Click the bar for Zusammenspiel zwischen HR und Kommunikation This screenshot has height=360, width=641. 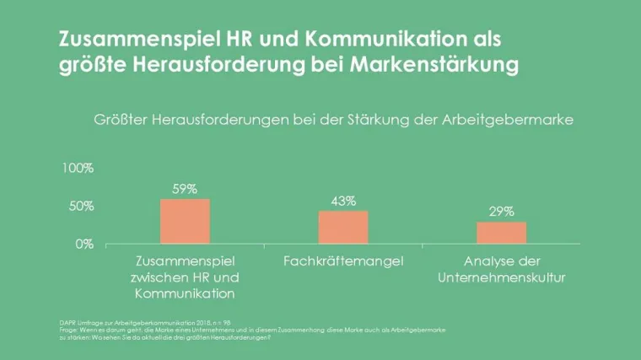[185, 222]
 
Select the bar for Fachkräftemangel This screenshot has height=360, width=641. [343, 228]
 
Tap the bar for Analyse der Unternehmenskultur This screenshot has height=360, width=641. [501, 233]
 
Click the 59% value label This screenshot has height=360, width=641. [185, 189]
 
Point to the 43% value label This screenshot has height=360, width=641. [343, 201]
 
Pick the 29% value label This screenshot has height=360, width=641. [501, 212]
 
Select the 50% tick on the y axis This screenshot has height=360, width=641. [81, 207]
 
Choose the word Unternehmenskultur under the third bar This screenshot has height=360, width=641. [502, 277]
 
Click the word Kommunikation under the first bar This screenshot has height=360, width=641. [184, 293]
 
